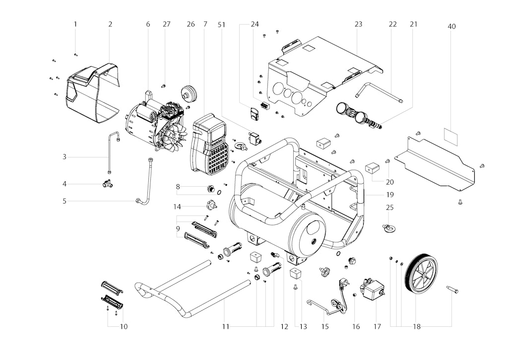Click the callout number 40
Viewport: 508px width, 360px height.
click(451, 26)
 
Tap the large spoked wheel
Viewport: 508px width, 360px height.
click(421, 272)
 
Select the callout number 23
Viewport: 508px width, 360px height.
click(358, 24)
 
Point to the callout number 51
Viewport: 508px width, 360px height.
click(222, 25)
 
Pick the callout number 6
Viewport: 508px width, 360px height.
click(148, 24)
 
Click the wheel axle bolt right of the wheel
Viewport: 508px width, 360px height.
click(452, 289)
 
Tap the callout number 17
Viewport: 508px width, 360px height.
click(377, 326)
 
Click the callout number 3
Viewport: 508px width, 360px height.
click(64, 157)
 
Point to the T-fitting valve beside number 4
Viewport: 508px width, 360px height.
click(108, 184)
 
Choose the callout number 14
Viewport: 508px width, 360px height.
click(177, 207)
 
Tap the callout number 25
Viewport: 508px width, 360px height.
click(390, 207)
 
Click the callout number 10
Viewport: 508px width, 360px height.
click(124, 326)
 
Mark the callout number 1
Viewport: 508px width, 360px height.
click(75, 24)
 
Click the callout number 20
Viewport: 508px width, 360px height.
click(390, 182)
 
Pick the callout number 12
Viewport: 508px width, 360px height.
click(284, 326)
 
